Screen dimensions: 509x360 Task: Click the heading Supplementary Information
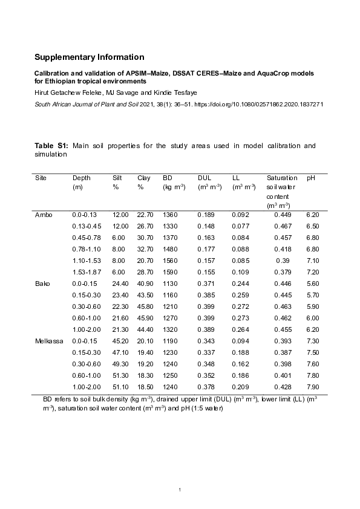click(89, 57)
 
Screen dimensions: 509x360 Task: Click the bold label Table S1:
click(51, 146)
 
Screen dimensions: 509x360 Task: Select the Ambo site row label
click(43, 215)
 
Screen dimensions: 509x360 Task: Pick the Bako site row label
click(42, 284)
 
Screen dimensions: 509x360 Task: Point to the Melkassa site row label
click(47, 341)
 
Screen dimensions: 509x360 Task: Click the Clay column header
click(144, 178)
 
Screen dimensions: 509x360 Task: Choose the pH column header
click(311, 178)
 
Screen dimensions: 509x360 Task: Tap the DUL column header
click(204, 178)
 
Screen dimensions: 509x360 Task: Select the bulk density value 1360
click(171, 215)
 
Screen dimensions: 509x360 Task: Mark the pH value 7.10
click(312, 261)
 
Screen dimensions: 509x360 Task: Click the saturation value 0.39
click(281, 261)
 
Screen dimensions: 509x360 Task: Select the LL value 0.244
click(240, 284)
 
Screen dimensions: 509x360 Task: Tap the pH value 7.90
click(312, 387)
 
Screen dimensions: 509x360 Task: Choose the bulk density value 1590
click(171, 272)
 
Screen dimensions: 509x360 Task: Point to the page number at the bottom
click(180, 488)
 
